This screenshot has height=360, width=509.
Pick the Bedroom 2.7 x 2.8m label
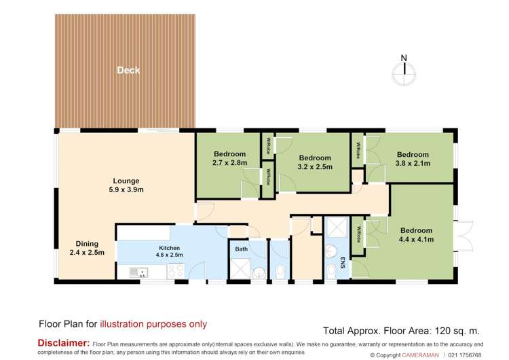tap(229, 158)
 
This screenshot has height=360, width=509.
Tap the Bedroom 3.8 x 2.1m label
tap(413, 158)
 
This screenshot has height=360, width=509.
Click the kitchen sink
tap(141, 273)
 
